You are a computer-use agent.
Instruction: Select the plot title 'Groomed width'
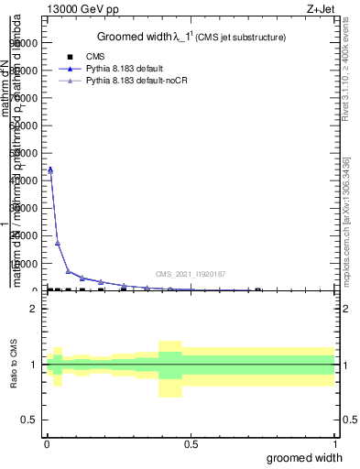point(134,38)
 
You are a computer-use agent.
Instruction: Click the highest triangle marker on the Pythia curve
point(50,169)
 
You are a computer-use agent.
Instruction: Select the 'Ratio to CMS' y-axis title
point(15,365)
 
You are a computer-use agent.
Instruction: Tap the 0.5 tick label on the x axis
point(191,443)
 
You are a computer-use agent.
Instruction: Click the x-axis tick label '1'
point(334,443)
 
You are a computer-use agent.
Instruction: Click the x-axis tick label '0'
point(47,443)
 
